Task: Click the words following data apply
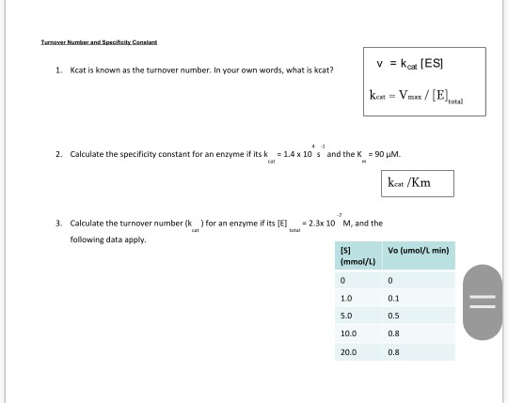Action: pyautogui.click(x=108, y=239)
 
